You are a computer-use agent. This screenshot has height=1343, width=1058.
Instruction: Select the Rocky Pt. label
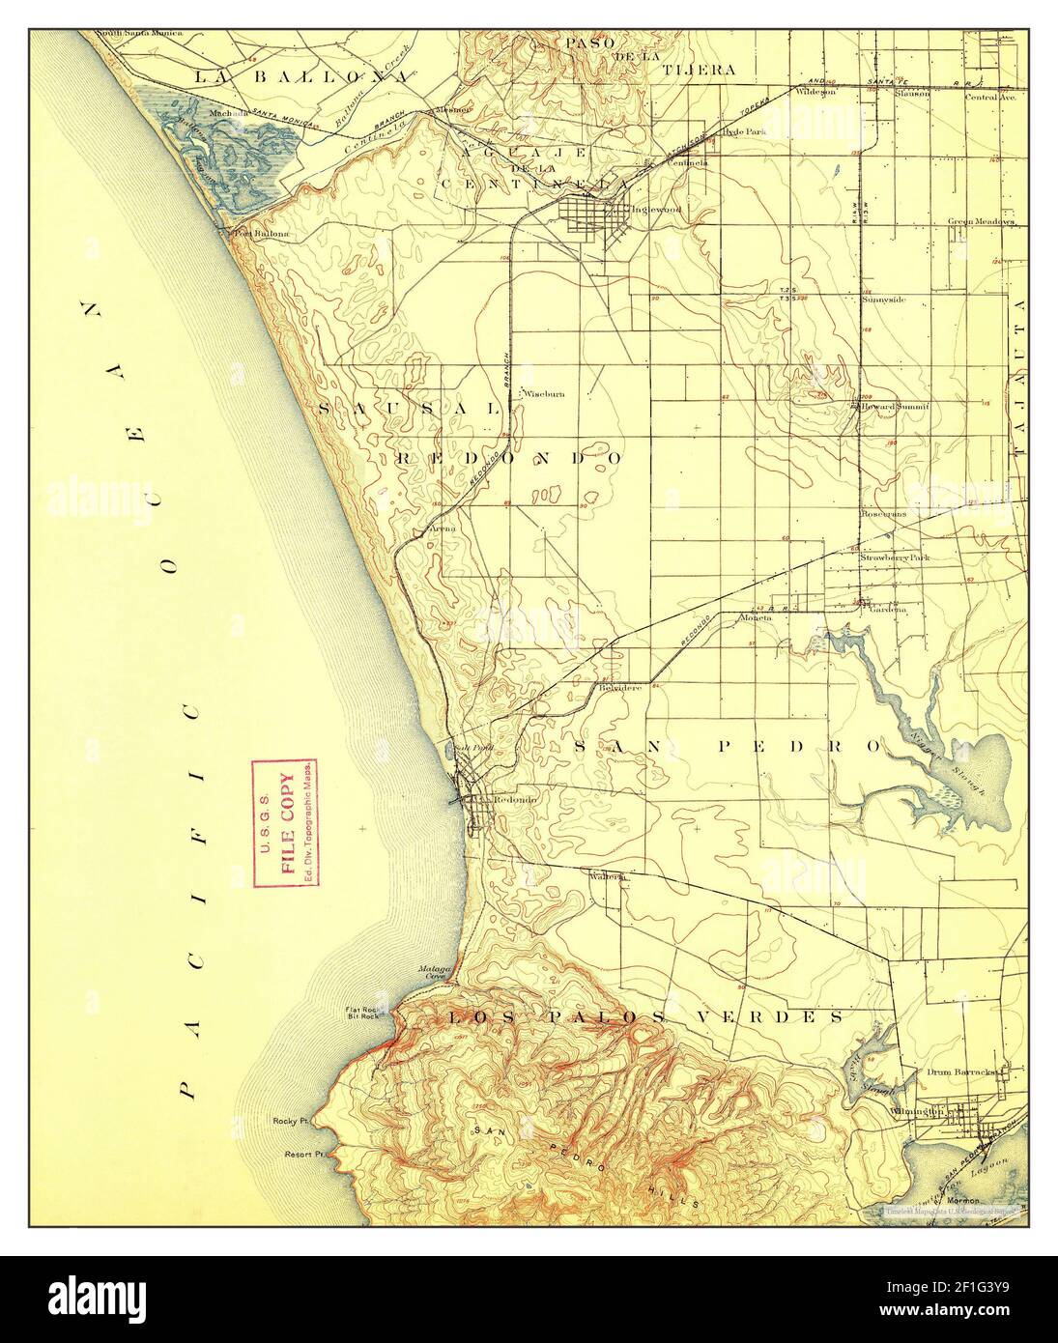(290, 1122)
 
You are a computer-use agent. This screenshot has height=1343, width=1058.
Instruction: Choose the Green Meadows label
(980, 221)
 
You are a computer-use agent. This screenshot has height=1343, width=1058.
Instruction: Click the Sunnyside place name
(883, 300)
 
